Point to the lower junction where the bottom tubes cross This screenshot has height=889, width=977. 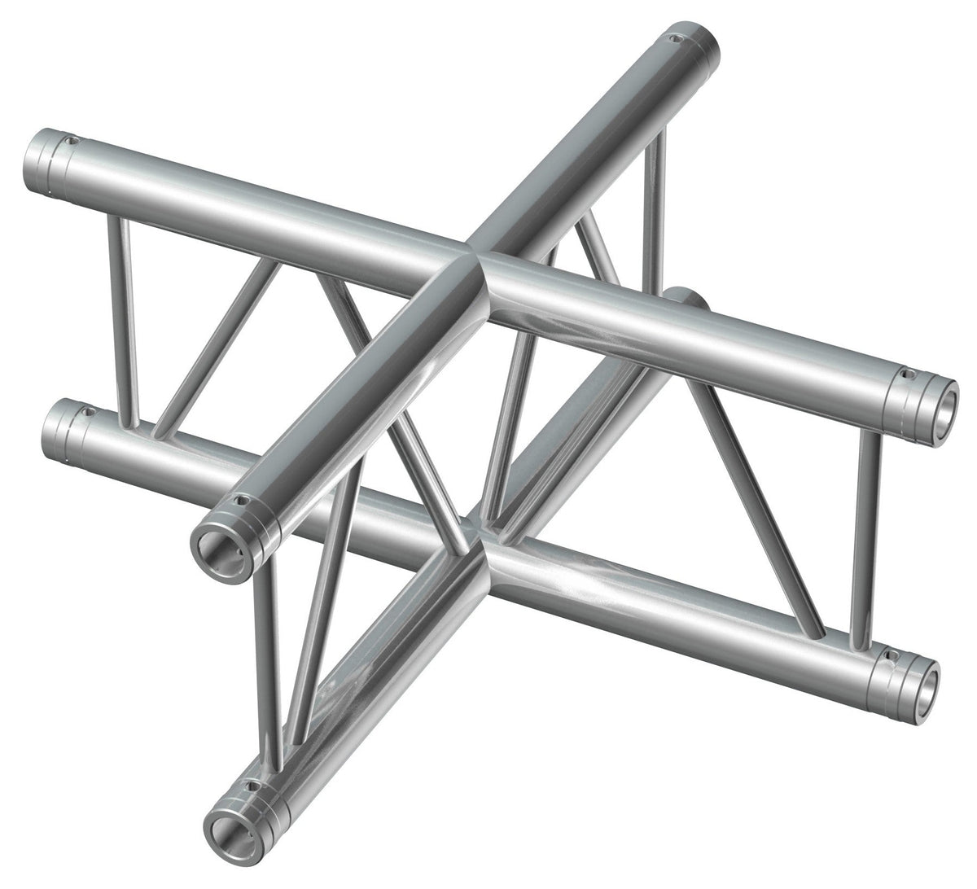[487, 547]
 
